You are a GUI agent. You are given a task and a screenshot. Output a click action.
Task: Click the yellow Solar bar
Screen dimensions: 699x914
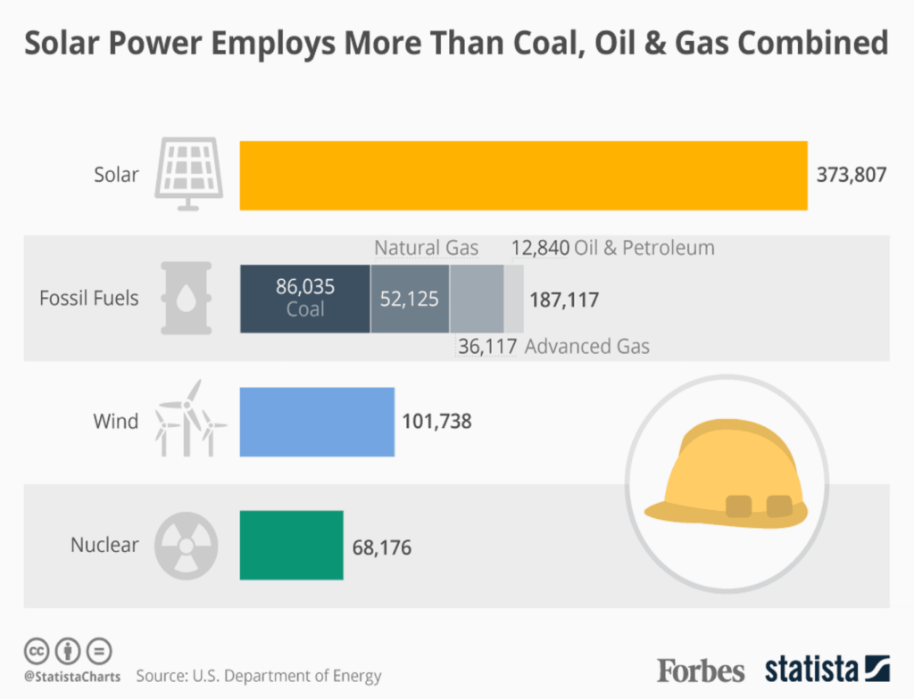pos(523,176)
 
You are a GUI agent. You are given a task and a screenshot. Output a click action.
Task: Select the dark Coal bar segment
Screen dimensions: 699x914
pos(304,298)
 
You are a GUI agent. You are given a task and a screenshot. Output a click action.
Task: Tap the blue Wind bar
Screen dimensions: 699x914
pos(317,422)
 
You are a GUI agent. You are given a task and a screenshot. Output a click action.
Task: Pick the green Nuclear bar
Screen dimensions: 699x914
pos(291,545)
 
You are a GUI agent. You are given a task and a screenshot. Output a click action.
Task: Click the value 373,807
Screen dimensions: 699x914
pos(852,175)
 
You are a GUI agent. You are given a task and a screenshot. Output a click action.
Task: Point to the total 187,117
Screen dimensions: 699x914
pos(563,300)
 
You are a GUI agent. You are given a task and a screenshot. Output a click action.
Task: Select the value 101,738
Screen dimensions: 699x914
pos(436,422)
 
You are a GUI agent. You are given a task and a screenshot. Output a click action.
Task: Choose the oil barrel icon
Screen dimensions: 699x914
pos(186,298)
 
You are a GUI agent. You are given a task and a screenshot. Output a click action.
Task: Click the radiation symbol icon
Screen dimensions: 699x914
pos(186,545)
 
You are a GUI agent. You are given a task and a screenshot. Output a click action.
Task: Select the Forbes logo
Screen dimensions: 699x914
pos(701,670)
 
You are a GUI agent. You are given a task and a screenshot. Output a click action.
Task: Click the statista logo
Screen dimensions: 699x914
pos(827,669)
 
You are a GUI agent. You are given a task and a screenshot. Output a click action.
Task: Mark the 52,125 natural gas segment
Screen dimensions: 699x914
pos(410,299)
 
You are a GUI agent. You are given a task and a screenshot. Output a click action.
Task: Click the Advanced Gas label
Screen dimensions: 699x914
pos(587,346)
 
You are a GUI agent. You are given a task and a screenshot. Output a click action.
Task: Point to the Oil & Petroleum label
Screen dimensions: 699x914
pos(645,247)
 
